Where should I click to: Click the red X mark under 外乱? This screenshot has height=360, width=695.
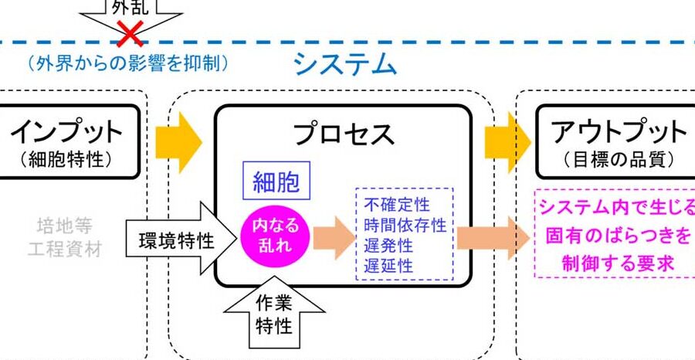click(x=131, y=35)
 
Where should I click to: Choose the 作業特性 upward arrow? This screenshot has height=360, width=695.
click(x=273, y=315)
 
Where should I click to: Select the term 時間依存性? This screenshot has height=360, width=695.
click(x=405, y=226)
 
